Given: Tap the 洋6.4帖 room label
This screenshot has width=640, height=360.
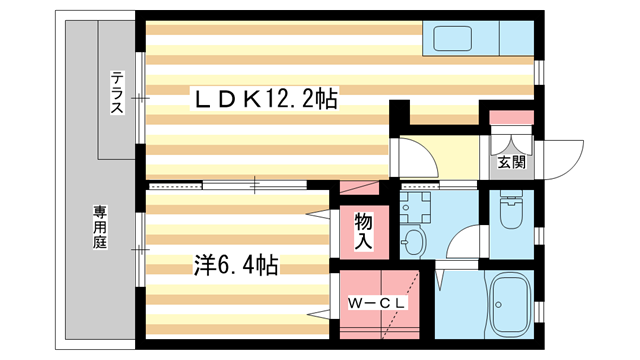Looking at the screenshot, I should pyautogui.click(x=235, y=265).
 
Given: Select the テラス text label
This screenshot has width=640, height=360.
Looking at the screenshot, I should pyautogui.click(x=118, y=92).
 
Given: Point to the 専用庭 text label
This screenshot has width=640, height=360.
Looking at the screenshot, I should pyautogui.click(x=101, y=230).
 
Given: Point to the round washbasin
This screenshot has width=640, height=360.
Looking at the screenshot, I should pyautogui.click(x=413, y=241).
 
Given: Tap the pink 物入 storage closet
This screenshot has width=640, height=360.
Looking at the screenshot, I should pyautogui.click(x=363, y=232).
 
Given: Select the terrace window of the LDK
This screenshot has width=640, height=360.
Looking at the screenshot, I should pyautogui.click(x=140, y=98).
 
